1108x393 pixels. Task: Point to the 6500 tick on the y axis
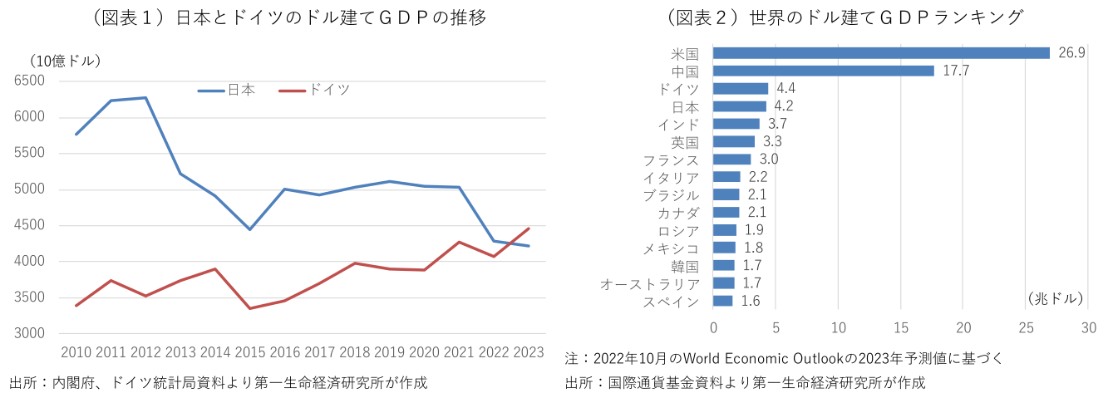[30, 81]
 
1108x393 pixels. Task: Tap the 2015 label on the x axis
[249, 353]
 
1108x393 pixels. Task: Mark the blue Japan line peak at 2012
[145, 98]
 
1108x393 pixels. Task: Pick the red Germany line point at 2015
[249, 308]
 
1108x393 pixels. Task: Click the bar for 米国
[881, 53]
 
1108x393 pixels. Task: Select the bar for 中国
[824, 71]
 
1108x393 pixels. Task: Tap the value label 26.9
[1072, 53]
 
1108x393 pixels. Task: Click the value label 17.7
[956, 71]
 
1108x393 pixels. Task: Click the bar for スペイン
[723, 301]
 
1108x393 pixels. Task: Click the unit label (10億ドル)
[66, 61]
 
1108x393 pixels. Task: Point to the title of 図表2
[844, 17]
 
